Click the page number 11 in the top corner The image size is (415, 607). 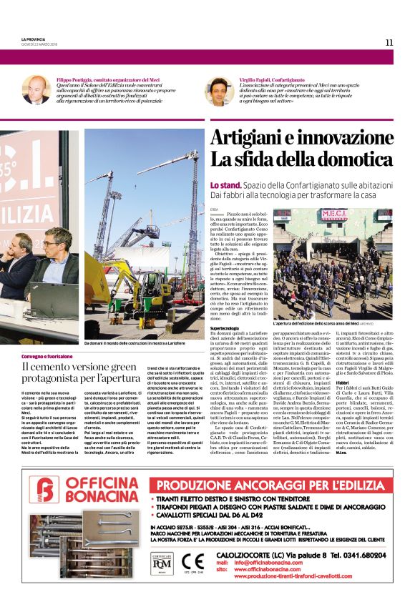point(389,42)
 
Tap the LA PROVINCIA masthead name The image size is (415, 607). point(35,39)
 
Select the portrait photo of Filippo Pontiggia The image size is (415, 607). point(36,89)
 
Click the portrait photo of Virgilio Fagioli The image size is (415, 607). point(219,91)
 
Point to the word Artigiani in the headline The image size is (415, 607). point(253,138)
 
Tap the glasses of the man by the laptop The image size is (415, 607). point(51,245)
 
